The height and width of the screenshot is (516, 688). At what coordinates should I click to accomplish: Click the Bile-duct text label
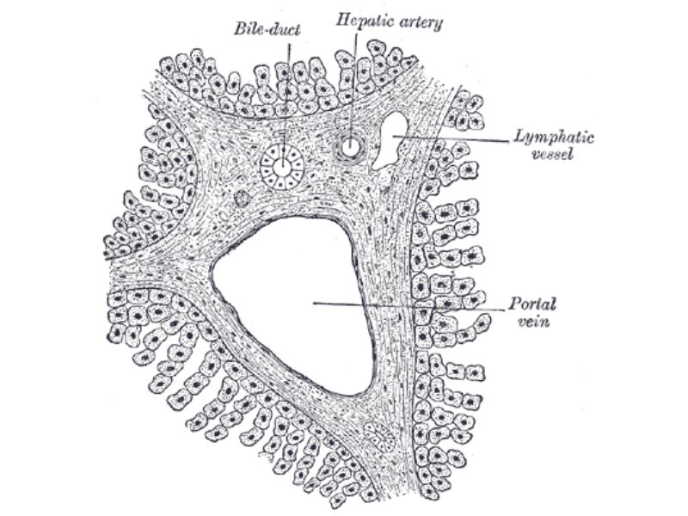(x=267, y=30)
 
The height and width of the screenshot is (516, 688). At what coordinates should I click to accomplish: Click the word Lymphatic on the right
(x=553, y=138)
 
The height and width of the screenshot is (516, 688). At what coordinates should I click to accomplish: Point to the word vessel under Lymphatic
(x=552, y=155)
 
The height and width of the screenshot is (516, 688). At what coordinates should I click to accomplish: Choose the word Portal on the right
(x=532, y=304)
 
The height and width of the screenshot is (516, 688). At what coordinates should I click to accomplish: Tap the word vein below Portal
(x=533, y=322)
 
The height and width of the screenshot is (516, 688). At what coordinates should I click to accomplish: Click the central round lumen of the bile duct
(x=283, y=167)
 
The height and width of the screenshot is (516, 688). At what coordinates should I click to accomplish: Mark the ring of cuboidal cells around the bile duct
(x=283, y=167)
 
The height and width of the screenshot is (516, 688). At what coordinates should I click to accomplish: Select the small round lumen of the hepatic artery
(x=351, y=147)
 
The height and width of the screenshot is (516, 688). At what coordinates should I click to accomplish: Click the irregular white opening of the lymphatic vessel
(x=390, y=139)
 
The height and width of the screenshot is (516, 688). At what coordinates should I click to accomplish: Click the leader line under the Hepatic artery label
(x=353, y=90)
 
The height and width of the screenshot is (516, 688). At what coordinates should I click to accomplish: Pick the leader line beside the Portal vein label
(x=409, y=306)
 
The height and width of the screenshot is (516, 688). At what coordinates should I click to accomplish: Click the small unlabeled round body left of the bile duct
(x=242, y=199)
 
